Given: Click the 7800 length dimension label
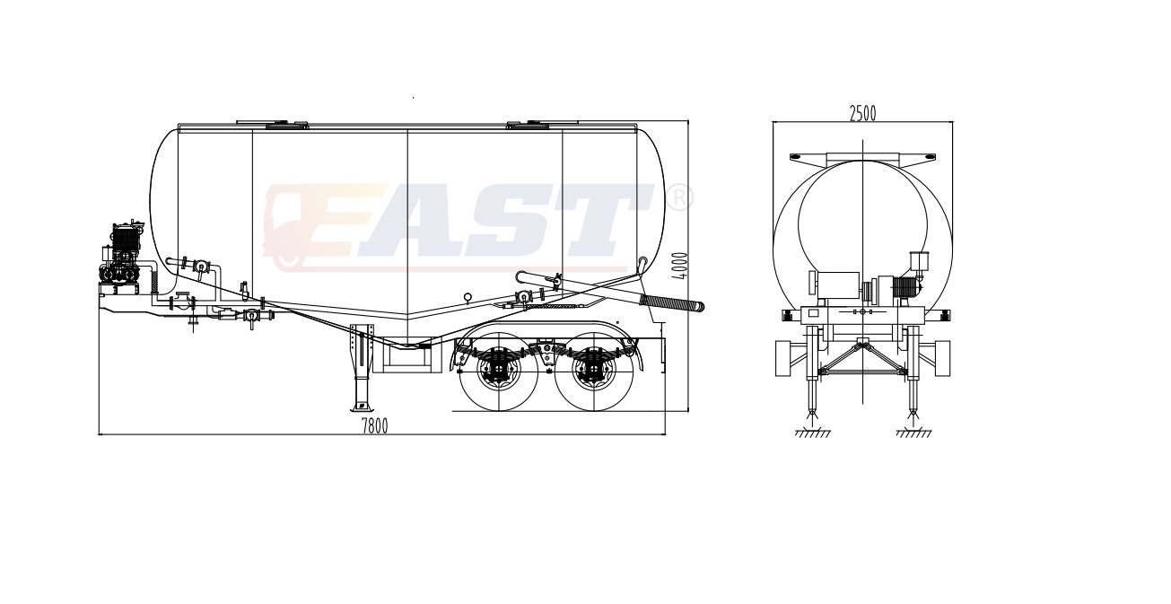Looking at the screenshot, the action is (375, 426).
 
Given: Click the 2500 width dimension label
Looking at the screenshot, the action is (862, 113).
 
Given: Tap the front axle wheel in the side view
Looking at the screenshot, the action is (499, 372).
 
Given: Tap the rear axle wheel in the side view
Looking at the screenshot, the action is (594, 372).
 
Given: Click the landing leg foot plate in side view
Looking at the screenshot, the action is (360, 407).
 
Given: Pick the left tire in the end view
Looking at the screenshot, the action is (782, 358).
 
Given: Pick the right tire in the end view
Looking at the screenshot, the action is (943, 358).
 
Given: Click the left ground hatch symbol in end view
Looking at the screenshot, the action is (813, 433).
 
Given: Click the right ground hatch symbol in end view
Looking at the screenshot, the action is (913, 433).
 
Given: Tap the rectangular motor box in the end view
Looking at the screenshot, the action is (838, 285).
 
